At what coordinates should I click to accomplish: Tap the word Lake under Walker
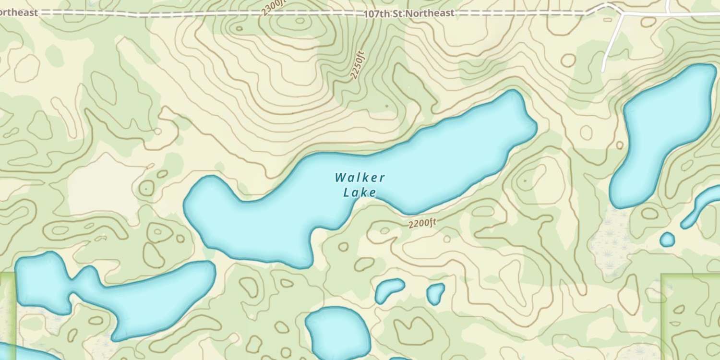point(360,193)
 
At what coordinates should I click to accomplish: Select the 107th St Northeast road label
point(408,13)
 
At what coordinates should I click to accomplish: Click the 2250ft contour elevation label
point(358,65)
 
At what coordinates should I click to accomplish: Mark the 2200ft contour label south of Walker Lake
point(422,223)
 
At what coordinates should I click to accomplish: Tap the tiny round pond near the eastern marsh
point(667,239)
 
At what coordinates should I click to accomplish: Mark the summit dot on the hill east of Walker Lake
point(525,180)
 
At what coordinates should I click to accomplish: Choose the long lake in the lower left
point(115,298)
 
